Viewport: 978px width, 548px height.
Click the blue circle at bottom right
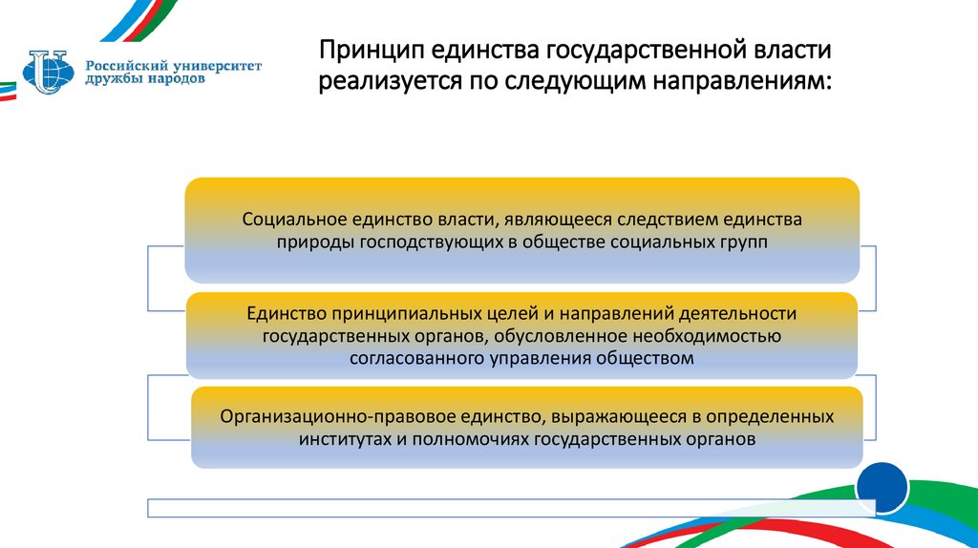coord(882,488)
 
